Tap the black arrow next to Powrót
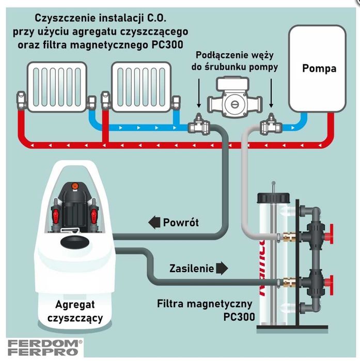point(154,223)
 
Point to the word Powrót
point(181,223)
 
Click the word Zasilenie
point(190,269)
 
